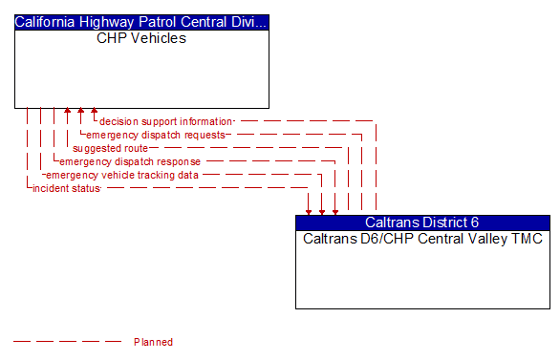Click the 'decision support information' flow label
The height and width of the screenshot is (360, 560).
click(x=165, y=121)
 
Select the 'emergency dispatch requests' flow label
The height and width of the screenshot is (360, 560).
click(x=156, y=135)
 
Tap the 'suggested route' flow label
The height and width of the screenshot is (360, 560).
click(x=110, y=148)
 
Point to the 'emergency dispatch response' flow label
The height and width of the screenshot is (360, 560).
click(x=130, y=161)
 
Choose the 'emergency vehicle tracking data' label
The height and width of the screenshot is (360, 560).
click(x=122, y=175)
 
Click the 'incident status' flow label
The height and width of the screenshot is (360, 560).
click(x=66, y=188)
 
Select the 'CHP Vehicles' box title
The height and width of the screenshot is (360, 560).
click(x=141, y=39)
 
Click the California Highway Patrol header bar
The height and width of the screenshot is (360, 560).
click(x=141, y=22)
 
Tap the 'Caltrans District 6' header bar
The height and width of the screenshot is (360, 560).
click(x=422, y=222)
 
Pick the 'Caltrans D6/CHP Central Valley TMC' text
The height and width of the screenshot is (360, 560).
click(x=422, y=239)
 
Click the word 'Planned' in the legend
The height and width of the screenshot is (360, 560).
click(x=153, y=342)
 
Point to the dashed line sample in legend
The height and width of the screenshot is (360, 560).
click(x=67, y=342)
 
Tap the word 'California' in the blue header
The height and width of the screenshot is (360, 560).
click(x=48, y=22)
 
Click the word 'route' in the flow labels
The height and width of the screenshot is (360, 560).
click(x=135, y=148)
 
